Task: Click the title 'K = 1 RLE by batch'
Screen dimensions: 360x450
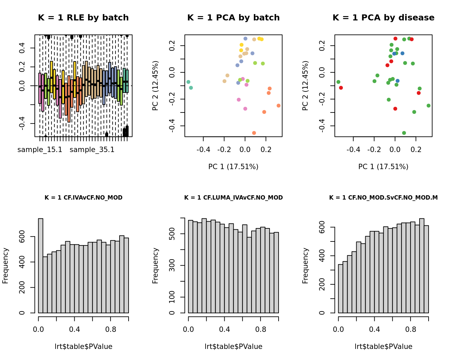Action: click(83, 18)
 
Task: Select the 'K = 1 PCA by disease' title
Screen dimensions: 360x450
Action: click(383, 18)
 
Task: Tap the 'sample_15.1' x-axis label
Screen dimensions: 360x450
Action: click(40, 150)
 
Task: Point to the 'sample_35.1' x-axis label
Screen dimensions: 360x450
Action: click(92, 150)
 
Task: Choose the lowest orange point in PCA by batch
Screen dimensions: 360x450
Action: click(254, 133)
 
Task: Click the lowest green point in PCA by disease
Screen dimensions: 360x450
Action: click(404, 133)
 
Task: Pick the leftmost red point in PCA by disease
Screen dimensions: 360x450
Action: click(341, 88)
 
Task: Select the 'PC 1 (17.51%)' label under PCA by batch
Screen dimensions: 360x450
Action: click(233, 167)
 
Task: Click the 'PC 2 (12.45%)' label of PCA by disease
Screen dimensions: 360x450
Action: click(305, 86)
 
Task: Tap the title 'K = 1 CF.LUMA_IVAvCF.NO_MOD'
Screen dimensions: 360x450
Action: click(233, 198)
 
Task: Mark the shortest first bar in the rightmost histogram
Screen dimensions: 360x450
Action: click(341, 289)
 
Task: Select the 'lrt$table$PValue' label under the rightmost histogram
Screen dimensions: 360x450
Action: click(383, 347)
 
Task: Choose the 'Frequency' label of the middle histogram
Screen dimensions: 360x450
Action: click(155, 266)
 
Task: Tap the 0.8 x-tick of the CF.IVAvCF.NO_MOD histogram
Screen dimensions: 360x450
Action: click(111, 329)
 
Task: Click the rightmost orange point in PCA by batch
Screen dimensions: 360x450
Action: click(279, 105)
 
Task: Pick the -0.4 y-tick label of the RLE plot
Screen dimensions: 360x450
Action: click(22, 124)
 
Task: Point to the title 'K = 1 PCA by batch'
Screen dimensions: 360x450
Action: click(233, 18)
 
